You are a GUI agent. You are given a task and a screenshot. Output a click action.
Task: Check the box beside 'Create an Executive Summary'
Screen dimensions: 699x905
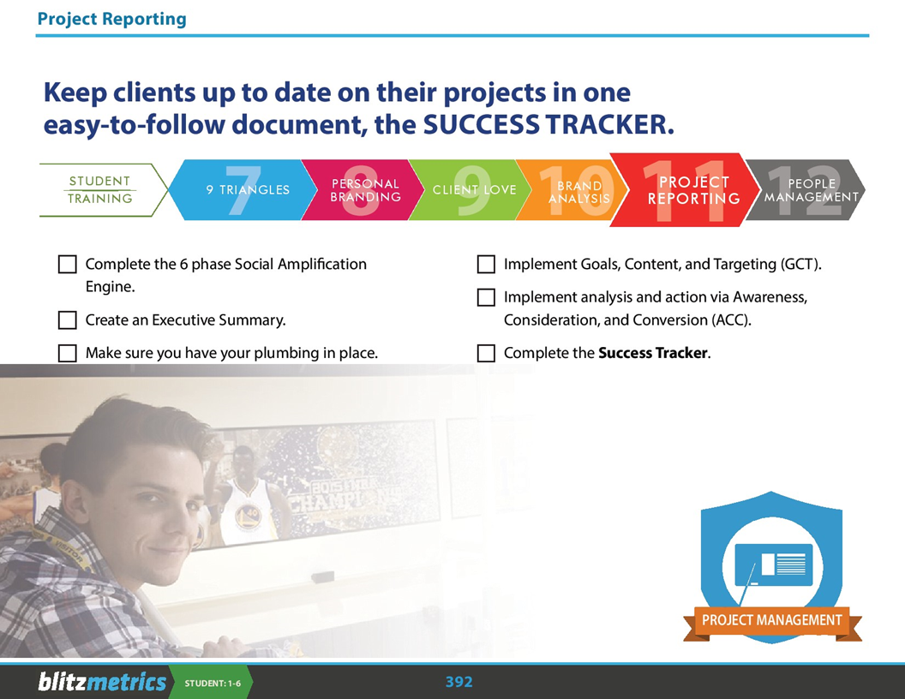coord(68,320)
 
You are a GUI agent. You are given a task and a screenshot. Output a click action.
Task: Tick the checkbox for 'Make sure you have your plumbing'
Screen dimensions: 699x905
coord(68,353)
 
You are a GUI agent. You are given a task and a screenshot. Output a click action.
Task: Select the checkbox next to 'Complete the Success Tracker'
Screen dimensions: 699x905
coord(486,353)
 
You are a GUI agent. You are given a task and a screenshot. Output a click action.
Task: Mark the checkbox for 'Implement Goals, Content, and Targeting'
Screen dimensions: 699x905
coord(486,265)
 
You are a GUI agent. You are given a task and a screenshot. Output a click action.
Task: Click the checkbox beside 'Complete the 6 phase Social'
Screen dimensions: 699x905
coord(68,265)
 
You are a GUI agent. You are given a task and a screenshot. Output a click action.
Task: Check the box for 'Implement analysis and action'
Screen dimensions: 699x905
coord(486,297)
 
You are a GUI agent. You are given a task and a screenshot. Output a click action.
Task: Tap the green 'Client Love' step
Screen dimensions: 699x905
coord(472,190)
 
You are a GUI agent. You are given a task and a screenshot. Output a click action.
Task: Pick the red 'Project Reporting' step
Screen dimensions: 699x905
coord(686,190)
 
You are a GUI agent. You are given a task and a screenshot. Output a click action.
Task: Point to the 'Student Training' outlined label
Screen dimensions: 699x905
coord(99,190)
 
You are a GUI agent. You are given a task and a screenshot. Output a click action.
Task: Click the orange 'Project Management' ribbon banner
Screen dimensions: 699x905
coord(771,621)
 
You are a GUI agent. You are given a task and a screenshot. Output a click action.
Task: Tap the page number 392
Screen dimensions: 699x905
coord(458,682)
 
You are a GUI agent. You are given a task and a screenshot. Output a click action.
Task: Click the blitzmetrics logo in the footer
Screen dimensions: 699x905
coord(101,682)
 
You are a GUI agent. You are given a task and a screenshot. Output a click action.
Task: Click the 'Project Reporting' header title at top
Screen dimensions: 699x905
coord(111,19)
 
